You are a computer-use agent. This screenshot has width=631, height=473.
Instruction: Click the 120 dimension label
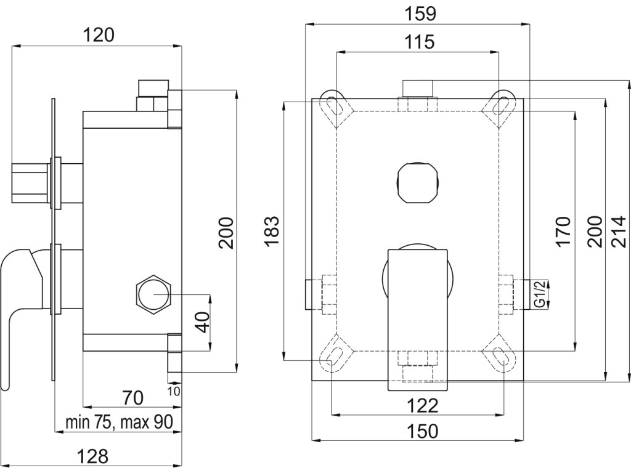[x=99, y=35]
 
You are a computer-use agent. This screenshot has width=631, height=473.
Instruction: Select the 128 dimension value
[x=92, y=456]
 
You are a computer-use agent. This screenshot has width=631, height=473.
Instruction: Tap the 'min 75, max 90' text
[x=119, y=422]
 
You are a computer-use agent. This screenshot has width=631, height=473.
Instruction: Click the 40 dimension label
[x=204, y=321]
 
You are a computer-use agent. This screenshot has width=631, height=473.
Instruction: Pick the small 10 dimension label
[x=174, y=390]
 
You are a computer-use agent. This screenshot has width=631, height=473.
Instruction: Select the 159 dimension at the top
[x=420, y=14]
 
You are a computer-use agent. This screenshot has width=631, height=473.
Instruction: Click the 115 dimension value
[x=419, y=42]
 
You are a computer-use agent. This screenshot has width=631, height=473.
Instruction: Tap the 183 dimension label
[x=272, y=232]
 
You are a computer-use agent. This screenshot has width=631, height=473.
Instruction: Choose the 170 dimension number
[x=562, y=232]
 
